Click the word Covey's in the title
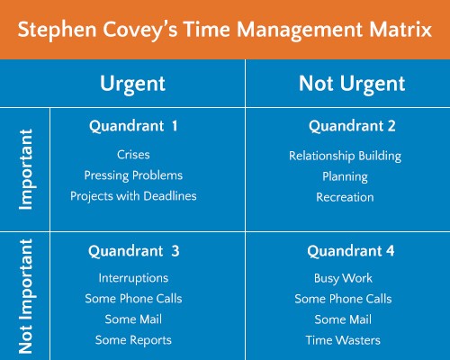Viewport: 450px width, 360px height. coord(140,31)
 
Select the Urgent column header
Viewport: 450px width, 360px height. coord(132,85)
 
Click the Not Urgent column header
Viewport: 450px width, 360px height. coord(352,85)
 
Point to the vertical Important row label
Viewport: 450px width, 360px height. coord(26,169)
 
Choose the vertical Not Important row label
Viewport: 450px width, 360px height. coord(26,296)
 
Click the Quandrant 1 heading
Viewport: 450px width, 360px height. coord(133,126)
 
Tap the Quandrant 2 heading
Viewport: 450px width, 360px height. coord(352,126)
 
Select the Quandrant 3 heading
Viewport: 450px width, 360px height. coord(134,251)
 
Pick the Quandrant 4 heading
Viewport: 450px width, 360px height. coord(351,251)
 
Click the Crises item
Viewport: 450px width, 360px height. coord(133,155)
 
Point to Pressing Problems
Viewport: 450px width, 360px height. coord(133,176)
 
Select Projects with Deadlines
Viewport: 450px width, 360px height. coord(133,196)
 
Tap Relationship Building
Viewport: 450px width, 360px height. coord(345,157)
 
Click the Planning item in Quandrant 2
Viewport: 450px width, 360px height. coord(345,177)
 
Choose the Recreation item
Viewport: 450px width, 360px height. coord(345,197)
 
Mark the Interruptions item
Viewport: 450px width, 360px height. coord(133,278)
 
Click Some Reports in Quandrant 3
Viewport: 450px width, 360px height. coord(133,340)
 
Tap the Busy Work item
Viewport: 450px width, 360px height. coord(343,279)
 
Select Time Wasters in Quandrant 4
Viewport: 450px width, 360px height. coord(343,340)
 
